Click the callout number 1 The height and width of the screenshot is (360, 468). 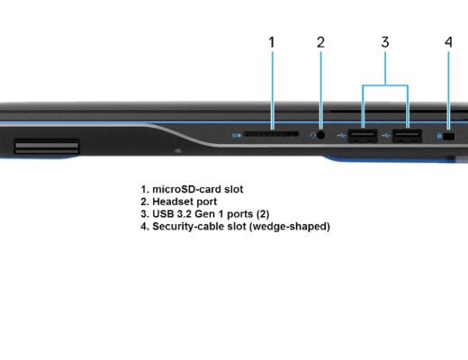[x=272, y=42]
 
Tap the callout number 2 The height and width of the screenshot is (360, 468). [x=320, y=42]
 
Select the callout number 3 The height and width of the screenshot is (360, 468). [x=385, y=42]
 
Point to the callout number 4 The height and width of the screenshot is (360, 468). [x=448, y=42]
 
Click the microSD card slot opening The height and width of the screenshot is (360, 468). [x=271, y=134]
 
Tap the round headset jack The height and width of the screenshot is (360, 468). [x=320, y=135]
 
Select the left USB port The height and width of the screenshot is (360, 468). [x=363, y=137]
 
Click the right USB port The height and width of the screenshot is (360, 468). [x=408, y=137]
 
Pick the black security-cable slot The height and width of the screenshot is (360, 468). [x=449, y=137]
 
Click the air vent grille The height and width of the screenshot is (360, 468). [x=47, y=147]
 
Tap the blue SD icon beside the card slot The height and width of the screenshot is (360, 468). [x=237, y=136]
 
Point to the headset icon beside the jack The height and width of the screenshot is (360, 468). [x=312, y=135]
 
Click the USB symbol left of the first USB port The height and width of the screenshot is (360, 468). [x=341, y=136]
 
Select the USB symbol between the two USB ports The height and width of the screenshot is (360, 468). [x=386, y=136]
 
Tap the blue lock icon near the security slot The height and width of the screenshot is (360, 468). [x=439, y=136]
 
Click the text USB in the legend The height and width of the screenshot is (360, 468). [x=163, y=214]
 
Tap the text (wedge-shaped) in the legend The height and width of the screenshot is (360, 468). [x=290, y=227]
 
